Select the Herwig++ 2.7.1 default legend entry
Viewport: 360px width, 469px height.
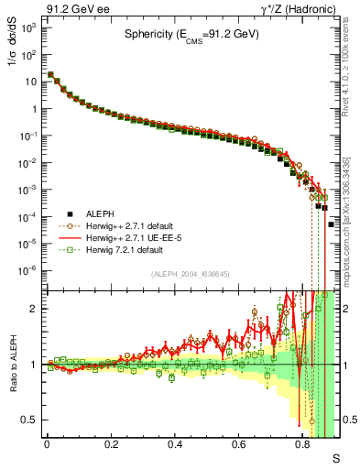[128, 225]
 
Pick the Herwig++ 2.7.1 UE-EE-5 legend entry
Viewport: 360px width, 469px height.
[132, 237]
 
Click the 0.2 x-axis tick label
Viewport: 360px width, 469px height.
[111, 443]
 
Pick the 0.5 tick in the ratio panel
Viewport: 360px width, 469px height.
[30, 420]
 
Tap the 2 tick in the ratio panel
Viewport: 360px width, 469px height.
[35, 309]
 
